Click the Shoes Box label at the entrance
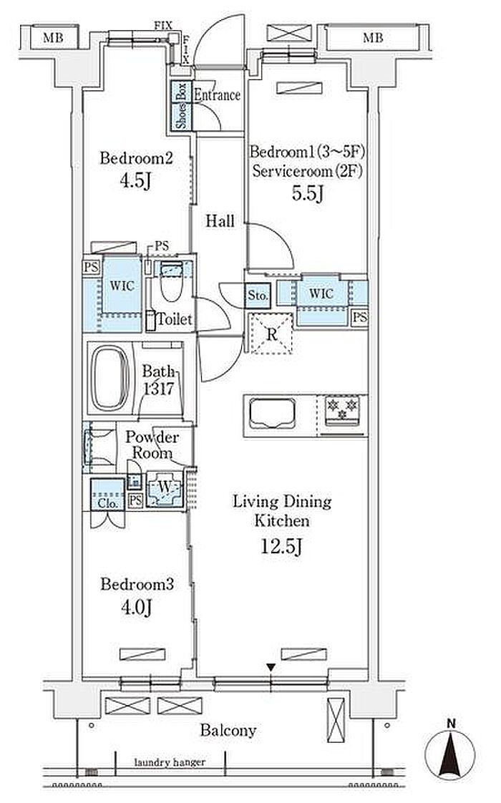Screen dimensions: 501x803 182,105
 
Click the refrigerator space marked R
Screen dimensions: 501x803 271,334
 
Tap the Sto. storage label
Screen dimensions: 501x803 257,296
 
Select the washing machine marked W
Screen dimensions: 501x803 165,488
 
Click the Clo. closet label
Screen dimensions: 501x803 107,503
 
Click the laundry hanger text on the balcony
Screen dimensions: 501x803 170,762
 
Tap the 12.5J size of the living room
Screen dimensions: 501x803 281,547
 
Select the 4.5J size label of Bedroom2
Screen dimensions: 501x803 136,180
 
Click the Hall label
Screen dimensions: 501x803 220,221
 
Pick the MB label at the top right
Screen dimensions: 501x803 372,38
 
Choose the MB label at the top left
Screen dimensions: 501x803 53,38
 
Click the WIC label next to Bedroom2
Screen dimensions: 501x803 122,286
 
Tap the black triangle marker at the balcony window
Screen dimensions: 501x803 271,668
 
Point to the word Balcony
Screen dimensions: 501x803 228,730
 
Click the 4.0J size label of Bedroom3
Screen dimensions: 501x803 136,608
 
